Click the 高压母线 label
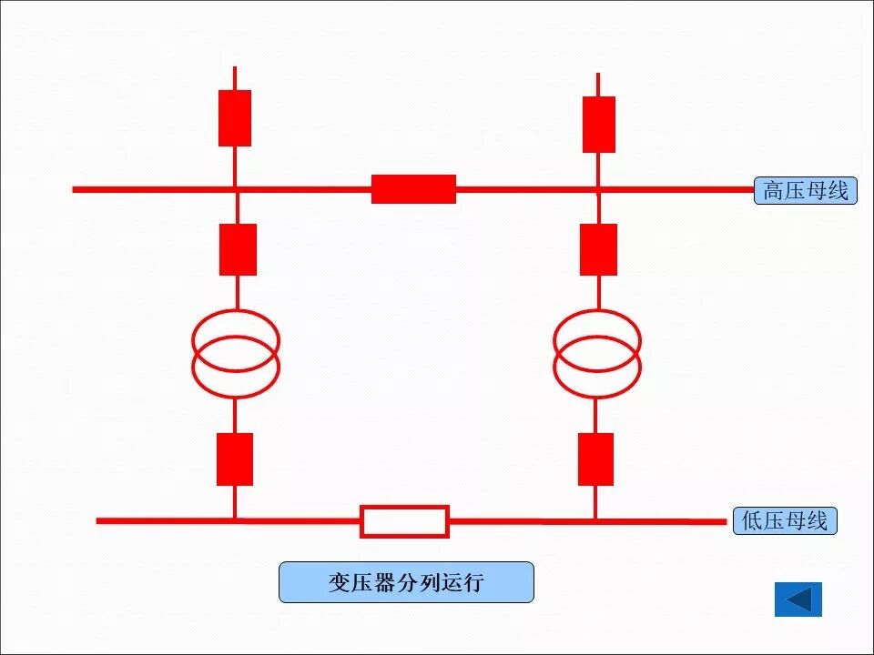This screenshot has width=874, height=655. [805, 191]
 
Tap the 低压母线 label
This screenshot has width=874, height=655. [784, 521]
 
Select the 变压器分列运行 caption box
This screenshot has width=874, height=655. [406, 582]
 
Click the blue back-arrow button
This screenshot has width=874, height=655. [798, 600]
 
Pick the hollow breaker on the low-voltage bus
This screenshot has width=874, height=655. [405, 521]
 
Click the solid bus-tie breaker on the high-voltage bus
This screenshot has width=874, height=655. [413, 189]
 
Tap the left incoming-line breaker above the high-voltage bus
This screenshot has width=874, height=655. [235, 118]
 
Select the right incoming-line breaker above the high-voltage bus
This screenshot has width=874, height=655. [598, 125]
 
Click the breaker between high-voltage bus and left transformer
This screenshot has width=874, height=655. [238, 249]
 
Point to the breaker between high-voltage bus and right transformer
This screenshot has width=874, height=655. [598, 249]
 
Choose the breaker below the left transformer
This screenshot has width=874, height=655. [235, 459]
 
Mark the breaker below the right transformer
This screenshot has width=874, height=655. [595, 459]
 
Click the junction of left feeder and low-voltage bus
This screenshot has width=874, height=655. [235, 520]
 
